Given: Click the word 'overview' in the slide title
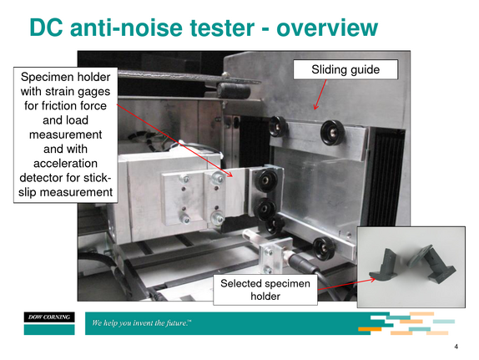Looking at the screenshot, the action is pos(327,28).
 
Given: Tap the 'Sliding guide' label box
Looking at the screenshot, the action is pos(345,69).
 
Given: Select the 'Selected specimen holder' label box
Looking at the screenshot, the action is pos(265,290).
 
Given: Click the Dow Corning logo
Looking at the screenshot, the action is pos(49,323).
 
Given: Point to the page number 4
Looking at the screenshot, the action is pos(456,347).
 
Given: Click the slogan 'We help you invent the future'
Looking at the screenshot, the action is pos(142,323).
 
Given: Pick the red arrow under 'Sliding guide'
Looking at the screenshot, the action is pos(320,94).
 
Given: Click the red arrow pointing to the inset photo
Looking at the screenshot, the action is pos(346,284).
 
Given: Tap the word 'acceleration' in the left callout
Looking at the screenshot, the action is pos(65,164).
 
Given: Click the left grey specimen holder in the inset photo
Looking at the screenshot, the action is pos(383,265).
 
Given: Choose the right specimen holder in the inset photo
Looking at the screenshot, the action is pos(432,264).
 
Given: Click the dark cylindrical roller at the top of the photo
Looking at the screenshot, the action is pos(234,90).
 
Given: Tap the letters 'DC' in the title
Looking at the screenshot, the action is pos(47,28).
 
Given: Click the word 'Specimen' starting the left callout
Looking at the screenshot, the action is pos(43,77).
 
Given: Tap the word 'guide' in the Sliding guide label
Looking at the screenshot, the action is pos(365,69).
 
